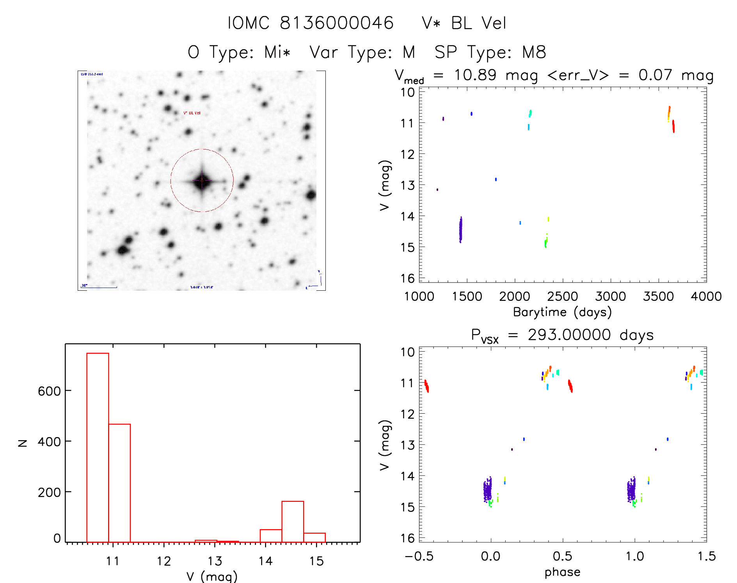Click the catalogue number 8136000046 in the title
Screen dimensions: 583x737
(337, 23)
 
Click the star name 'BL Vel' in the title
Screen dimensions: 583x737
(478, 23)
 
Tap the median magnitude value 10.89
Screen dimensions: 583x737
(475, 75)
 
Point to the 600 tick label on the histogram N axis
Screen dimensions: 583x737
(49, 391)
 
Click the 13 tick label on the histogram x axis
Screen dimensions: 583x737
(215, 561)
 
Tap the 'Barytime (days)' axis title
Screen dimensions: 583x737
(562, 312)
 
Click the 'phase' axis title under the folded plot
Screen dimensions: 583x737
(562, 572)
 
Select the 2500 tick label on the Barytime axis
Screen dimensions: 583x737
(562, 297)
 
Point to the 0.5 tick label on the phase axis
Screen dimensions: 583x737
(562, 556)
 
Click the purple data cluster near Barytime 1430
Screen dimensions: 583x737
(460, 230)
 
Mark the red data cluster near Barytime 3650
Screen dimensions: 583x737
(673, 126)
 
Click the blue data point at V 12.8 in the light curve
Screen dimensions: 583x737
(496, 180)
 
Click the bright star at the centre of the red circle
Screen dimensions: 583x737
(202, 181)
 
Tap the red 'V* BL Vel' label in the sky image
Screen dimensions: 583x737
(192, 113)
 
